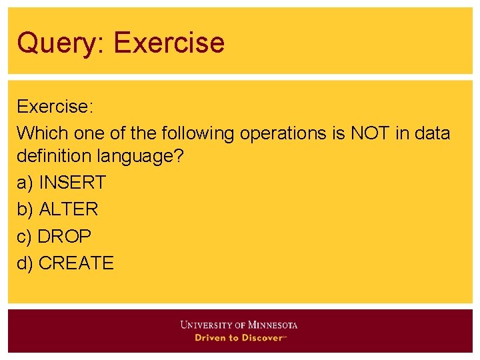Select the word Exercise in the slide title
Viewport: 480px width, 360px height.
click(x=169, y=43)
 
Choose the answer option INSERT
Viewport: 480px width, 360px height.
click(x=72, y=183)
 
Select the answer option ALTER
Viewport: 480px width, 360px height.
click(x=69, y=209)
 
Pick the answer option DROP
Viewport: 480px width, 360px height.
click(x=65, y=236)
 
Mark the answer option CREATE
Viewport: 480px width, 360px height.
click(x=77, y=263)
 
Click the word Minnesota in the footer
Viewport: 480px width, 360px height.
click(x=273, y=325)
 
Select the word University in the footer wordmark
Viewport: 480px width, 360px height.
click(x=206, y=325)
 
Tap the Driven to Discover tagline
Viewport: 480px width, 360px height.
click(x=239, y=338)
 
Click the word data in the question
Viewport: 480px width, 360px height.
click(x=432, y=133)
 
